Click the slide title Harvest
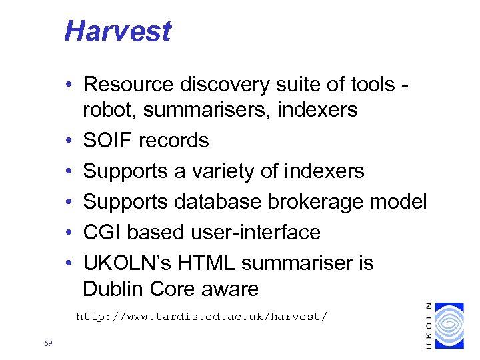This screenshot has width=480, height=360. pos(117,31)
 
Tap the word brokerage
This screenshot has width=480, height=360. pos(321,202)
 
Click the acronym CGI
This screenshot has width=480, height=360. pos(102,233)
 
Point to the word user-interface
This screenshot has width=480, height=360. pos(256,233)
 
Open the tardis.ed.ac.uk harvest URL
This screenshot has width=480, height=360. pos(201,316)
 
